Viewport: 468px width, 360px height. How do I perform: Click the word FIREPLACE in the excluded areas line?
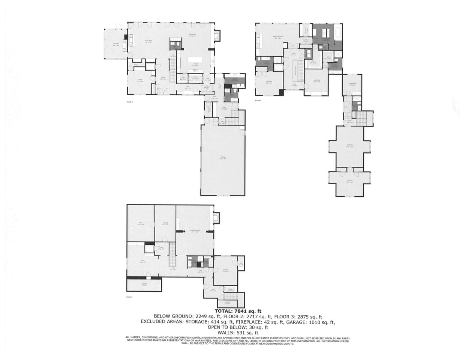coord(250,322)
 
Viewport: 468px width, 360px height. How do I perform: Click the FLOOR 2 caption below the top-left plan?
coord(130,101)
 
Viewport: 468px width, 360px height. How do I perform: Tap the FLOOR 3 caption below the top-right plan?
coord(258,101)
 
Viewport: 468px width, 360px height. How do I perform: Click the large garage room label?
coord(223,158)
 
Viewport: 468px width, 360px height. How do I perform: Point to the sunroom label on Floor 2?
coord(116,44)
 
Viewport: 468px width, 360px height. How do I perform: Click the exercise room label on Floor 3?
coord(352,84)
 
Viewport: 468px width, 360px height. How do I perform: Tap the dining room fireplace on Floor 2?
coord(217,36)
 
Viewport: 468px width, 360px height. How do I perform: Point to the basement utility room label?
coord(141,224)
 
